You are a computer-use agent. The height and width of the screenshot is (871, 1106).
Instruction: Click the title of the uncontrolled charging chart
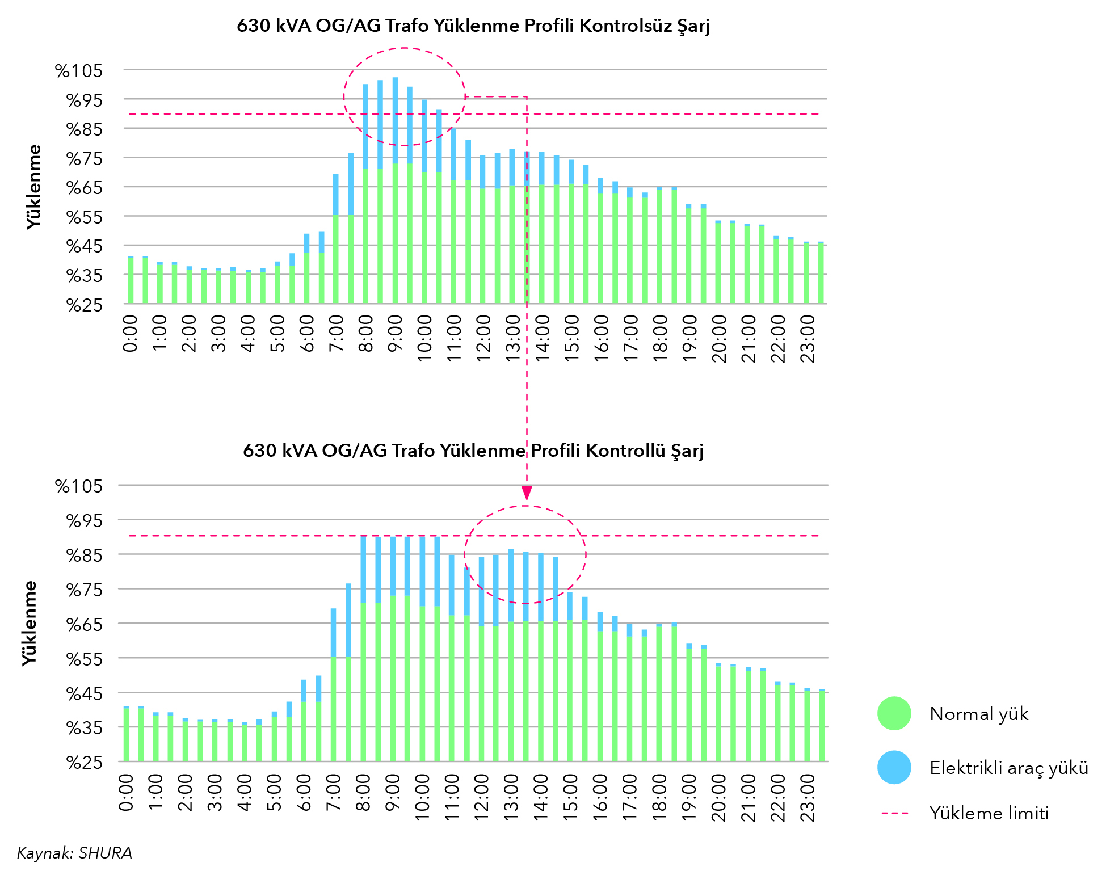point(473,26)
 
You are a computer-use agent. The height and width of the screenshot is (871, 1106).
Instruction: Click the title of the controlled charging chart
point(473,451)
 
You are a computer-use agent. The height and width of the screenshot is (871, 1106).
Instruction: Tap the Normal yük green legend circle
point(894,713)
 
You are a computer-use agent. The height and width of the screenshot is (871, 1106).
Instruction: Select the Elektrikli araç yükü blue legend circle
point(894,767)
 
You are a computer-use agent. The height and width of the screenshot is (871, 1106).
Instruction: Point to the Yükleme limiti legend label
point(989,813)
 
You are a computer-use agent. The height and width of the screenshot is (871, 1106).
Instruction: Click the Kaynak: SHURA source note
point(74,853)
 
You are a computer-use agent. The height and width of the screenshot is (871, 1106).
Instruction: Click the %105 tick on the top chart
point(79,71)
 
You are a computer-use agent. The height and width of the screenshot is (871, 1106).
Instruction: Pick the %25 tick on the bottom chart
point(85,762)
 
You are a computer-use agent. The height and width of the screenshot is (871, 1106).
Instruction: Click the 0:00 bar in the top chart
point(131,280)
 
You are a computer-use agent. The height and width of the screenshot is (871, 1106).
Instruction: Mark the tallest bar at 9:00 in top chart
point(395,190)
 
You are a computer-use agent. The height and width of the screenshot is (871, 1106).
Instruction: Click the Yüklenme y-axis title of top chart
point(35,187)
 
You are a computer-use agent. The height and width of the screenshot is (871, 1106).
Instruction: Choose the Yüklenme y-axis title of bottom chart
point(30,623)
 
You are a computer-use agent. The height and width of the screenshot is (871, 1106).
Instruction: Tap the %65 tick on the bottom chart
point(85,624)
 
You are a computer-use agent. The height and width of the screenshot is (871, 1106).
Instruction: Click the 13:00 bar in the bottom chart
point(511,655)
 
